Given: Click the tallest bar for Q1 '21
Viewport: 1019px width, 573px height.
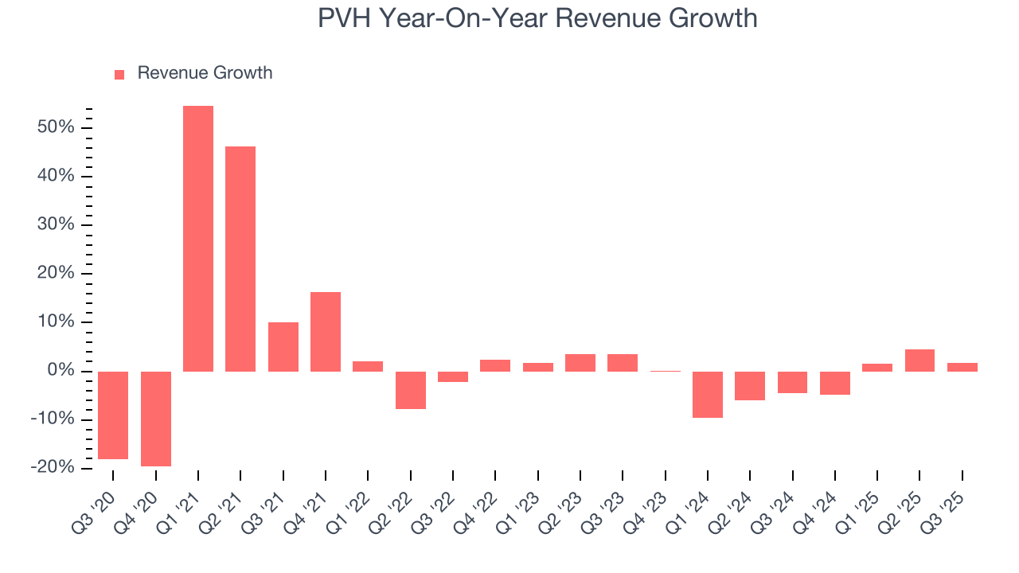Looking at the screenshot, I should (198, 239).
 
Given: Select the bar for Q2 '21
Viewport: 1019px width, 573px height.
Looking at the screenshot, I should (240, 259).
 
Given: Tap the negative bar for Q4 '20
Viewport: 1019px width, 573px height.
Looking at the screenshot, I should (156, 419).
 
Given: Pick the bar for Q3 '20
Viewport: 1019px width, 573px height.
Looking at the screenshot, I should (113, 415).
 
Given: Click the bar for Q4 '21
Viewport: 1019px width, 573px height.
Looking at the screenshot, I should (326, 331).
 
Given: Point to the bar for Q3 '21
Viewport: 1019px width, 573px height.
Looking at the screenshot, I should (283, 346).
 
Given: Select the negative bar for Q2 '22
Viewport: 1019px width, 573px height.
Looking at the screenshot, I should (411, 390).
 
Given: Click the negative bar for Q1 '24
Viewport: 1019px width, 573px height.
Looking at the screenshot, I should (708, 394).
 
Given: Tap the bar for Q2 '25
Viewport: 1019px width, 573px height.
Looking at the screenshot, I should (919, 361).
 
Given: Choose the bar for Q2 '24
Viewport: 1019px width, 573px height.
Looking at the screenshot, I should (750, 385).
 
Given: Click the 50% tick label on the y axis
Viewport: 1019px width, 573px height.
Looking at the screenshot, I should (56, 127).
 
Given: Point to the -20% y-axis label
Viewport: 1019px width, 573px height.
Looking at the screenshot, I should (53, 468).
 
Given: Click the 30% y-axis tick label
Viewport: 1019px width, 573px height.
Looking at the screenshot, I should (56, 225).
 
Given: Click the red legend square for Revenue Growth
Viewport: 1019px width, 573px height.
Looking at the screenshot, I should (119, 74).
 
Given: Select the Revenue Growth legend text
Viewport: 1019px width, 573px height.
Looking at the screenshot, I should (205, 73).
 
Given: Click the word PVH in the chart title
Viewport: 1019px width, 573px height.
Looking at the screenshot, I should (344, 18).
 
